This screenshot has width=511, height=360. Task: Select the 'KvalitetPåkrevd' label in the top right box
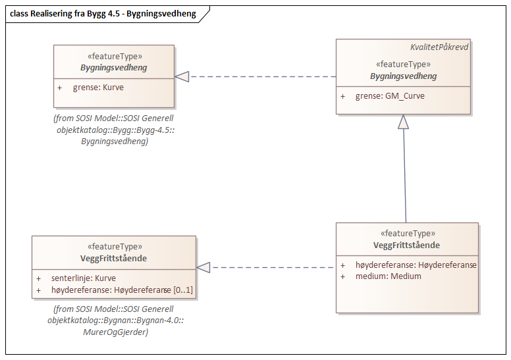[x=439, y=47]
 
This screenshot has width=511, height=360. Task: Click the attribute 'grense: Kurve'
[x=98, y=87]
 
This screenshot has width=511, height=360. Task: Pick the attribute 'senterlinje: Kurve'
[x=83, y=278]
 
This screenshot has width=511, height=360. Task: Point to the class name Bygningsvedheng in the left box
[x=114, y=67]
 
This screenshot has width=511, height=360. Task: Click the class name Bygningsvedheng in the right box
[x=403, y=76]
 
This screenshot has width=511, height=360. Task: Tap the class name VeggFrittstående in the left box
[x=114, y=258]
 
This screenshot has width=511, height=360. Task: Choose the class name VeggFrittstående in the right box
[x=406, y=245]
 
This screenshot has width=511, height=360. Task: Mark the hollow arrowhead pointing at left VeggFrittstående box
[x=203, y=267]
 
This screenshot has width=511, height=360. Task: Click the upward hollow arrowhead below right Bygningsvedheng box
[x=403, y=121]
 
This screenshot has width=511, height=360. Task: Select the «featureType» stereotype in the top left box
[x=114, y=57]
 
